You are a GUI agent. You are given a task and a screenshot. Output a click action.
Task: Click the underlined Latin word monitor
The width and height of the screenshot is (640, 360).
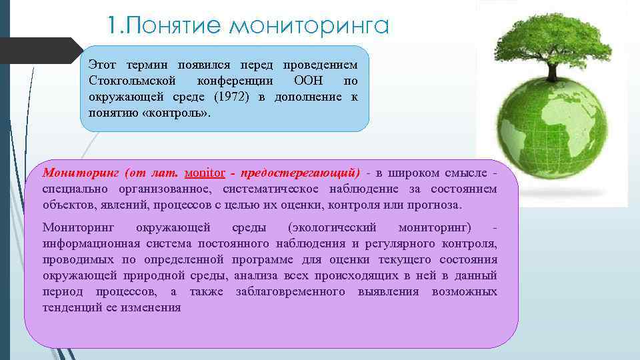point(204,173)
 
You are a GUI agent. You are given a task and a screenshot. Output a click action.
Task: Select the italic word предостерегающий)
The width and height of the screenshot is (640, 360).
point(301,173)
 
